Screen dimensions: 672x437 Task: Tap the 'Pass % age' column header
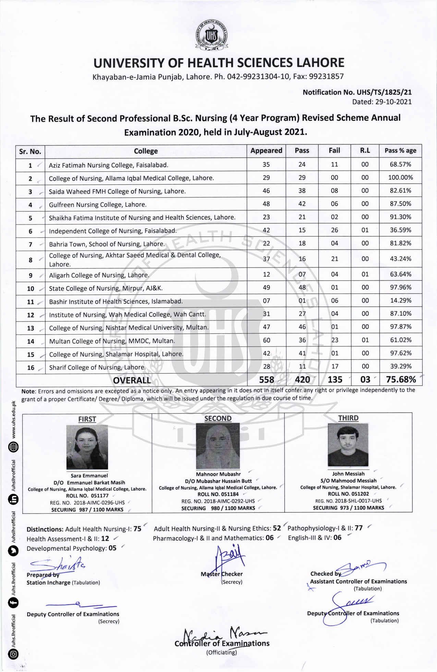pyautogui.click(x=400, y=151)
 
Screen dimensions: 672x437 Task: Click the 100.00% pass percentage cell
pyautogui.click(x=400, y=178)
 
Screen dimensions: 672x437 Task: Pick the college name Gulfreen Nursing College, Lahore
pyautogui.click(x=97, y=205)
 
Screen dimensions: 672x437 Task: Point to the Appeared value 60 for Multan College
pyautogui.click(x=266, y=340)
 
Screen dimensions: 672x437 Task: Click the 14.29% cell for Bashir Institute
pyautogui.click(x=400, y=301)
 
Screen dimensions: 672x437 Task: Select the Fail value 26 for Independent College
pyautogui.click(x=334, y=230)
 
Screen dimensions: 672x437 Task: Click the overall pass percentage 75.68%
pyautogui.click(x=401, y=379)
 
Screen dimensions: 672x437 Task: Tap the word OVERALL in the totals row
pyautogui.click(x=132, y=380)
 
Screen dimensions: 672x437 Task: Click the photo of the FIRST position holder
pyautogui.click(x=87, y=447)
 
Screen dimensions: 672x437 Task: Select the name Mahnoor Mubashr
pyautogui.click(x=218, y=474)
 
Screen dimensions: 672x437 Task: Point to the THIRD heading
pyautogui.click(x=348, y=418)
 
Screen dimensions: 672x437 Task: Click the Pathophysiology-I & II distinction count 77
pyautogui.click(x=359, y=528)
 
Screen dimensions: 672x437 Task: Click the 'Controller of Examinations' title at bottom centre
pyautogui.click(x=222, y=643)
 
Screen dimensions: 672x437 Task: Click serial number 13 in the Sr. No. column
pyautogui.click(x=31, y=328)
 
